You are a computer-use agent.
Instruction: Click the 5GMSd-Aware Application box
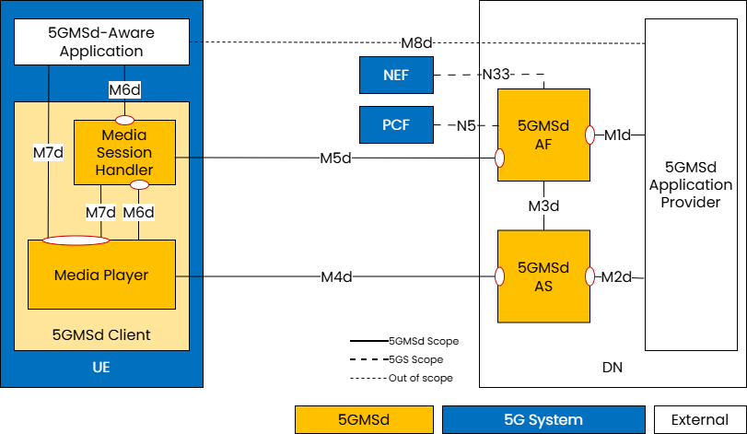[101, 42]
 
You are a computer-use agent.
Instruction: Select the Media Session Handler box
[124, 153]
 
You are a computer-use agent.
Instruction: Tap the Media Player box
[101, 275]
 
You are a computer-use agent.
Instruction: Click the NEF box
[396, 75]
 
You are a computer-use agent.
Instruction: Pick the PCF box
[396, 124]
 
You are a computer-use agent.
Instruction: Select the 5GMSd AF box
[543, 135]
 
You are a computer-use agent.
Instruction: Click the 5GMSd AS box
[543, 276]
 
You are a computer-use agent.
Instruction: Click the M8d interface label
[416, 42]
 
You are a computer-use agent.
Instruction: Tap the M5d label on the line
[335, 158]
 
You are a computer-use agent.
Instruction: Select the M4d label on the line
[336, 276]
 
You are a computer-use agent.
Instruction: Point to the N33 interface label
[497, 75]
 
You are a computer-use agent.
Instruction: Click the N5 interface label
[466, 125]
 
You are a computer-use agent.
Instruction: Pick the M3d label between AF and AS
[543, 205]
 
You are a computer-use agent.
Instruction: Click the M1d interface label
[617, 135]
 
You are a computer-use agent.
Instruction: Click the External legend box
[699, 419]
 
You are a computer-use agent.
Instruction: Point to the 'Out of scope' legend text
[421, 378]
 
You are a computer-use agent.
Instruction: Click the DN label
[612, 368]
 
